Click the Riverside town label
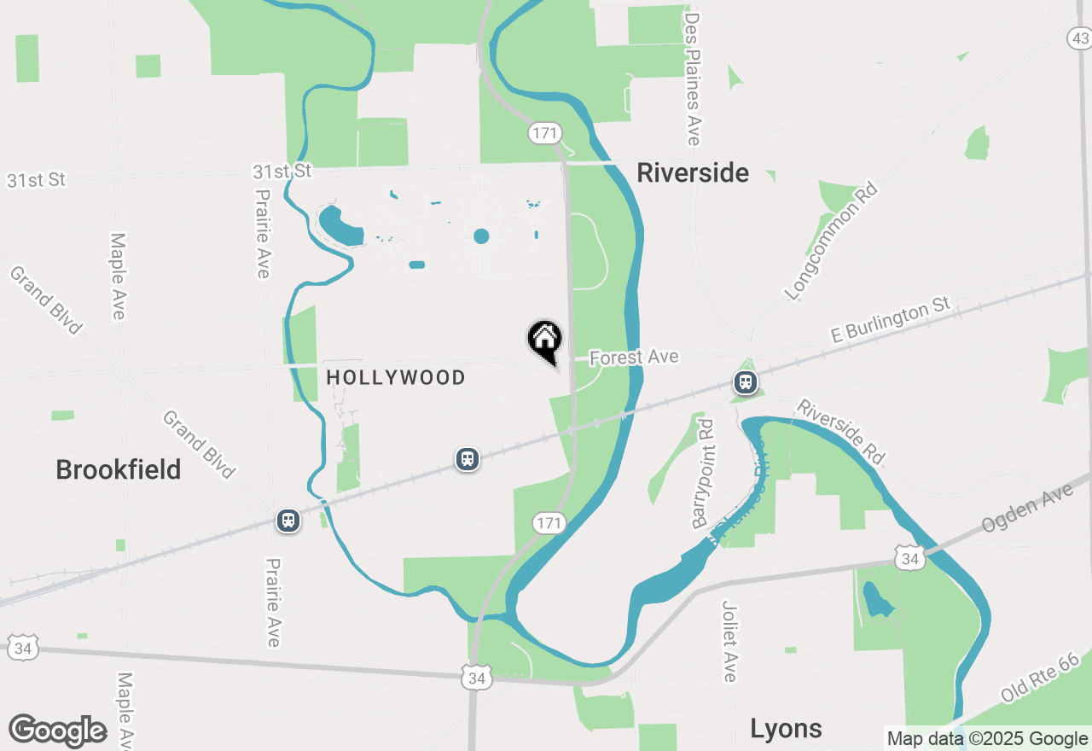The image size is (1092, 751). tap(693, 173)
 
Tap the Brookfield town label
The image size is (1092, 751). tap(119, 469)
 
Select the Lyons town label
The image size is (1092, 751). tap(786, 728)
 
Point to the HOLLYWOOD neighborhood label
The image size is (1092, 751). tap(397, 377)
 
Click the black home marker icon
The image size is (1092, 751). tap(544, 340)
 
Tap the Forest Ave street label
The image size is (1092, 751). tap(634, 357)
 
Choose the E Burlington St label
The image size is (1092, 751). tap(890, 321)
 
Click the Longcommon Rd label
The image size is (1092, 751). tap(831, 242)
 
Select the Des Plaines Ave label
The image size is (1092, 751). tap(693, 79)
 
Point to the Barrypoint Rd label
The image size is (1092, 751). tap(703, 472)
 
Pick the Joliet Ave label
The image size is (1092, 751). tap(729, 642)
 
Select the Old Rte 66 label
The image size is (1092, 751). tap(1045, 676)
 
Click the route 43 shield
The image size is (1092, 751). tap(1079, 38)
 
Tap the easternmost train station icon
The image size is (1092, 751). tap(746, 381)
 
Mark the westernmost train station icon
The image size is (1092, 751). tap(288, 520)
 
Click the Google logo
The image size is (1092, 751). tap(58, 731)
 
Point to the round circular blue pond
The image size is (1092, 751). tap(481, 236)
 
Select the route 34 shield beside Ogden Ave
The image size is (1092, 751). tap(910, 559)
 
